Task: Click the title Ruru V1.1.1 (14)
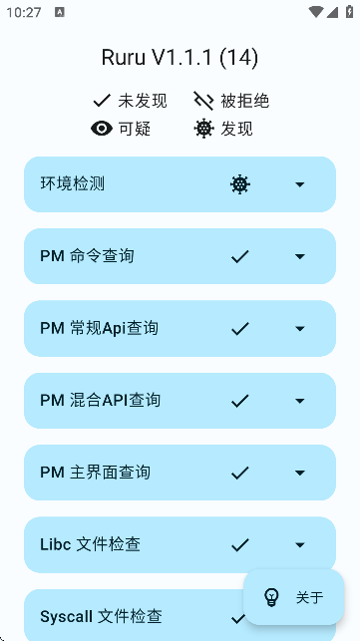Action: [180, 58]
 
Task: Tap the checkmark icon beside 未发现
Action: [102, 101]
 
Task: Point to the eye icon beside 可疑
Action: [102, 128]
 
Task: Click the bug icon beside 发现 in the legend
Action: [204, 128]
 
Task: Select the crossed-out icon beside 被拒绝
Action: [204, 101]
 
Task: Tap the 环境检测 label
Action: [73, 184]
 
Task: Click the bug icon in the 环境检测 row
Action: [239, 184]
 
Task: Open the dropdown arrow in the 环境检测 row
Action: [299, 184]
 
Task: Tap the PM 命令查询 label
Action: [87, 256]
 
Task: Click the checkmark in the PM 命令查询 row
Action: [239, 256]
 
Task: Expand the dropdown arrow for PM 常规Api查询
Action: [299, 328]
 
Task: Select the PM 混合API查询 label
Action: [100, 401]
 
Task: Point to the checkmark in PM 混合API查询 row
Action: [239, 401]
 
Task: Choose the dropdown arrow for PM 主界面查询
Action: [299, 473]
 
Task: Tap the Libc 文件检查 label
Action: [90, 544]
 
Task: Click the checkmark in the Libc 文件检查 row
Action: [239, 544]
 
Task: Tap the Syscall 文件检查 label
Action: [101, 617]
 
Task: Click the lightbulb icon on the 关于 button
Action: [271, 597]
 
